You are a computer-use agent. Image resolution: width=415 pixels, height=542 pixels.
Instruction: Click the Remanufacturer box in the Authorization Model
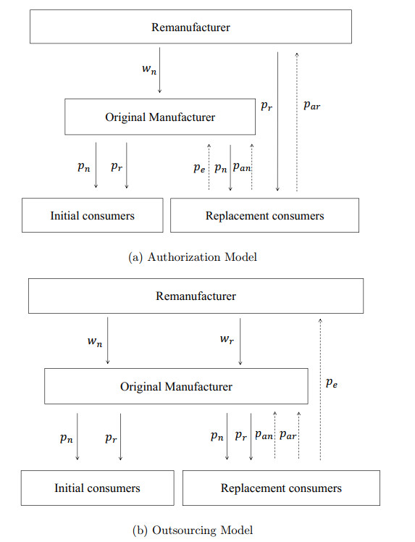[x=190, y=27]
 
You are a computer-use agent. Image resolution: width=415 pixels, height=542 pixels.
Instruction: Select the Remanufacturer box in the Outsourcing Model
[x=195, y=296]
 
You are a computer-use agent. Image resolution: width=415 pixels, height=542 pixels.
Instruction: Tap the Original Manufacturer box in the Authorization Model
[x=160, y=117]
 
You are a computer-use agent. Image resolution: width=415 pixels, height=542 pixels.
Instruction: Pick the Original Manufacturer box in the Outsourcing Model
[x=176, y=386]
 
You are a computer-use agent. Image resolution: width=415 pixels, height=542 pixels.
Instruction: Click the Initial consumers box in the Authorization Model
[x=92, y=215]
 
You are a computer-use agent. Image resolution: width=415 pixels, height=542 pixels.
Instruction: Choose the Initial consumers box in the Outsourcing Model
[x=97, y=488]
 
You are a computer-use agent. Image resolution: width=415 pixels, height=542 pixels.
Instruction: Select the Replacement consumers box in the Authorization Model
[x=264, y=215]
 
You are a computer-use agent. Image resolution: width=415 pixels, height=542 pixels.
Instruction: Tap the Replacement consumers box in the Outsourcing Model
[x=280, y=488]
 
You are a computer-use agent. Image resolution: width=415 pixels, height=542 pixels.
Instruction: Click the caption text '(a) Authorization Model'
[x=192, y=256]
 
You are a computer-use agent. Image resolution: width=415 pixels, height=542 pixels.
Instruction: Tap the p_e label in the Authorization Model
[x=199, y=168]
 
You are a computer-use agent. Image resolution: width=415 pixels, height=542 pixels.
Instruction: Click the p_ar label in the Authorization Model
[x=311, y=105]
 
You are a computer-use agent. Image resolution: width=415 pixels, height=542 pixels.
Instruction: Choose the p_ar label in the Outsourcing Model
[x=288, y=436]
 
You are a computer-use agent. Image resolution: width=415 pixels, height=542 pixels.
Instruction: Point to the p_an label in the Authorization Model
[x=242, y=168]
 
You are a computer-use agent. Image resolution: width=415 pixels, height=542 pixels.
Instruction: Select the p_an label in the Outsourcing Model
[x=264, y=436]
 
